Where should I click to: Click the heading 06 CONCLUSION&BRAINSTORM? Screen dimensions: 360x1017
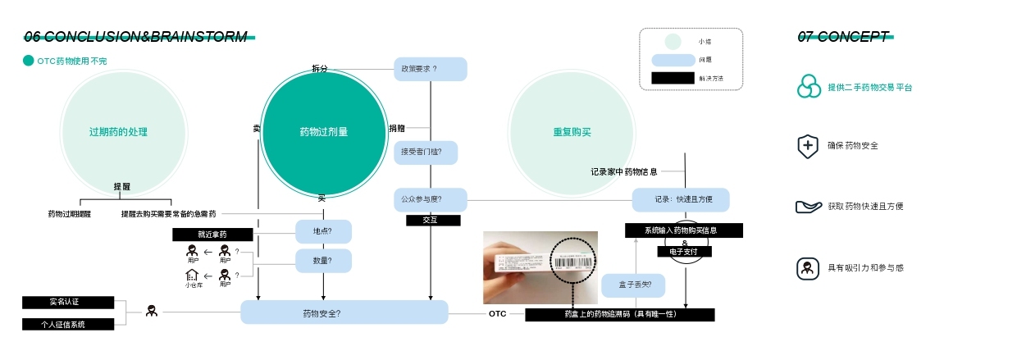click(x=135, y=37)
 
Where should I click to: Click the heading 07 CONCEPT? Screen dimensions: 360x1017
click(x=842, y=37)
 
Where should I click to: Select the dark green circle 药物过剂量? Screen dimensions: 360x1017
click(x=323, y=132)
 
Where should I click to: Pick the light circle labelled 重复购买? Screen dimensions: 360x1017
click(x=572, y=132)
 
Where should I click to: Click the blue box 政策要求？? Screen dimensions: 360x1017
click(x=430, y=69)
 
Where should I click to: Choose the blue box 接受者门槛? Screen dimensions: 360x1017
click(x=425, y=152)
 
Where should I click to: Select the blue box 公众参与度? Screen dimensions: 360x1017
click(x=430, y=199)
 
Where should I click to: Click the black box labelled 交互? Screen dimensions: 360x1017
click(x=433, y=221)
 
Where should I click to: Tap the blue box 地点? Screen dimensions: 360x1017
click(x=323, y=231)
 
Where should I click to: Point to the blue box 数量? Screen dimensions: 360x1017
click(x=323, y=261)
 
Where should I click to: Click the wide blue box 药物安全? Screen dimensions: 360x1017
click(x=344, y=312)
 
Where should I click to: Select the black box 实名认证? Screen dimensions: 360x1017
click(x=68, y=303)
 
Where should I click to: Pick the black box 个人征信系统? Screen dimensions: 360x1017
click(x=68, y=324)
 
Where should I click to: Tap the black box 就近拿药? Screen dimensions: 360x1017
click(x=212, y=235)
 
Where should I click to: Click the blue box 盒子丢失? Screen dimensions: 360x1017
click(x=632, y=285)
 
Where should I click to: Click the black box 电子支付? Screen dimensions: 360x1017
click(x=684, y=252)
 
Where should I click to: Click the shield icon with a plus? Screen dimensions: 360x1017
click(x=808, y=146)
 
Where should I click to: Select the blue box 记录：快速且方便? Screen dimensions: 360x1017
click(x=680, y=199)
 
